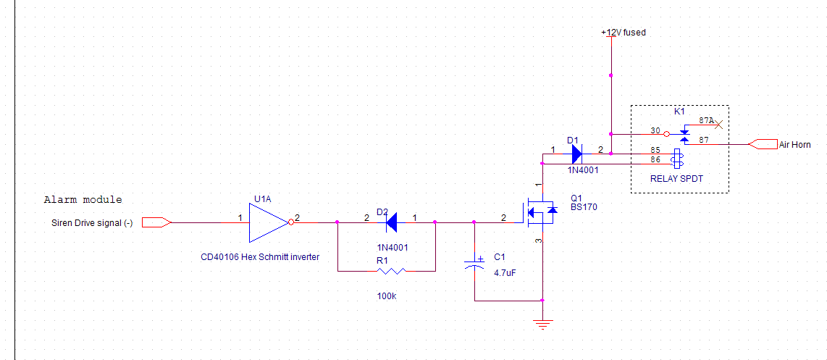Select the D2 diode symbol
(x=392, y=222)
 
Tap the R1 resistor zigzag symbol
(x=390, y=271)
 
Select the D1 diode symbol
(x=576, y=154)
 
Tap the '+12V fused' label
(x=623, y=33)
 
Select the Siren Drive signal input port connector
(x=156, y=222)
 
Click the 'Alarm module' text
(x=83, y=200)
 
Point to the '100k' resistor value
(x=387, y=296)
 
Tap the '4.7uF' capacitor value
(x=505, y=273)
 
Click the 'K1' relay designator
(x=679, y=112)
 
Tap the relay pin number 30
(x=655, y=131)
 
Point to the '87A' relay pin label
(x=707, y=121)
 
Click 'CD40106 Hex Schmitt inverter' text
(x=259, y=256)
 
